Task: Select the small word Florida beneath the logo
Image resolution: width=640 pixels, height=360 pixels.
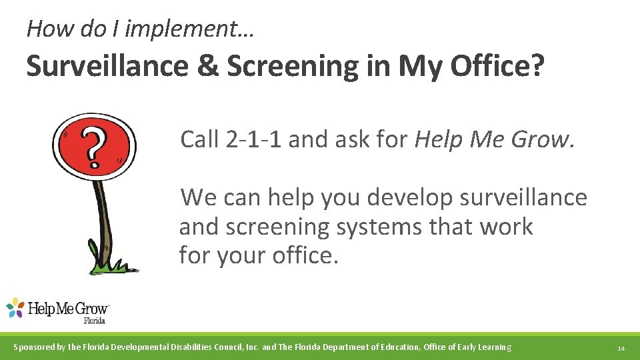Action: (94, 320)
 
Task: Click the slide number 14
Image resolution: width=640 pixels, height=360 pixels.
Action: (621, 348)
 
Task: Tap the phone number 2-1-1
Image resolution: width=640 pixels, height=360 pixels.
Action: (255, 139)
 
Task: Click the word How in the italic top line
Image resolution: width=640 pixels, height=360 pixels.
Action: (45, 28)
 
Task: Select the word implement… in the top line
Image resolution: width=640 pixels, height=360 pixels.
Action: (193, 28)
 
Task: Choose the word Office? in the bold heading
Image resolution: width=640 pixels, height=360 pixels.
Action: (495, 66)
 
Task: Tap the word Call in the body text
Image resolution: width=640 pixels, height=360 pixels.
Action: (199, 139)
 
